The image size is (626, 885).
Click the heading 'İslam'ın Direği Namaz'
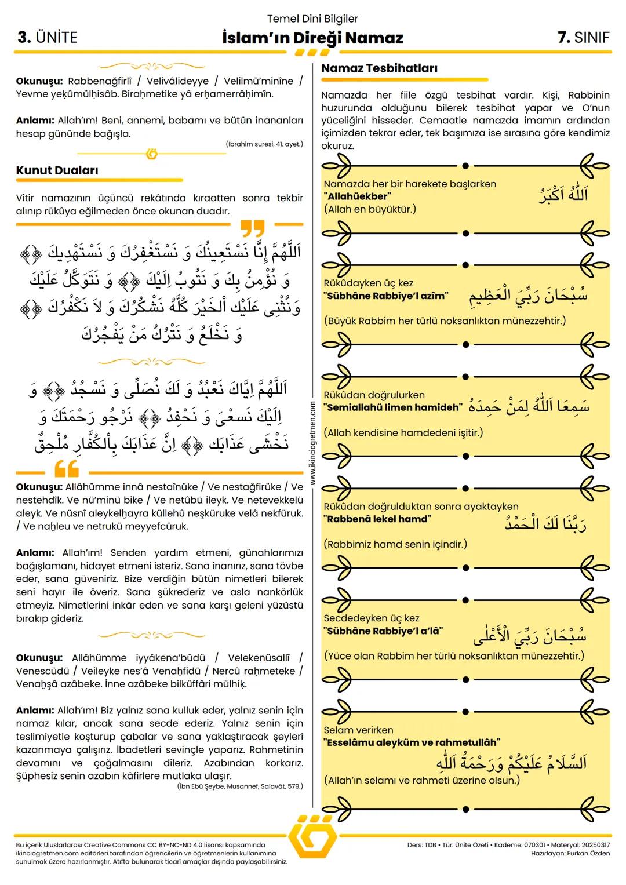coord(312,38)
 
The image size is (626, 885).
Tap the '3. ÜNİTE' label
coord(47,38)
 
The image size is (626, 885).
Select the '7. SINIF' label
coord(583,38)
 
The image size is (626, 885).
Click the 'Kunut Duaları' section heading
coord(57,170)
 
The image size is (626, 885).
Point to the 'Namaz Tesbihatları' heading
coord(379,68)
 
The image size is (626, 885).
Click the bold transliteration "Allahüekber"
coord(358,196)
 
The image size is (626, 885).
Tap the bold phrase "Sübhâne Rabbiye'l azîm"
coord(386,296)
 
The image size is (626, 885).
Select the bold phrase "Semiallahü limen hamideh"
coord(393,407)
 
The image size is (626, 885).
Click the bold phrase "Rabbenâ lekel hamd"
coord(377,519)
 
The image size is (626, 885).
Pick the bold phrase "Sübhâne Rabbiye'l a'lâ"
coord(383,631)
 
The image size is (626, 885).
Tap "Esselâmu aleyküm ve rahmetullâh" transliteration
coord(412,742)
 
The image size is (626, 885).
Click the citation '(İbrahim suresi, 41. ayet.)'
coord(264,144)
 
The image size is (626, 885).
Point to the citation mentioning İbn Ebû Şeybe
coord(240,786)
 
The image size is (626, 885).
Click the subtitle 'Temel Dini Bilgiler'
coord(312,19)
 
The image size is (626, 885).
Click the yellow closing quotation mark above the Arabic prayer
coord(252,228)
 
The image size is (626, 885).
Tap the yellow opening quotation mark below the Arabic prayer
coord(66,468)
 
